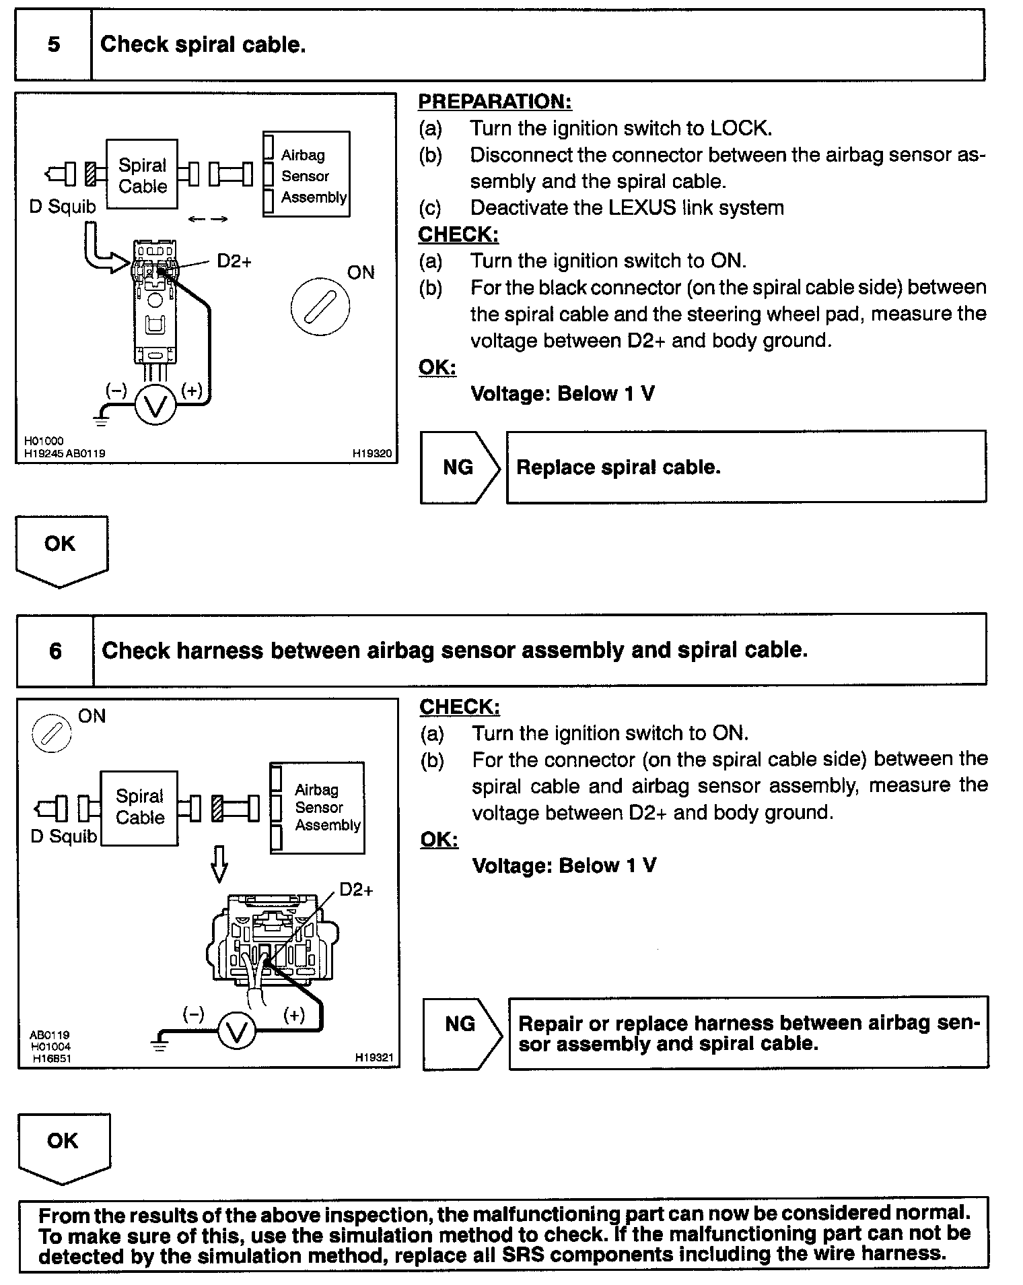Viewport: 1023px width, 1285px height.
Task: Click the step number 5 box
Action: point(53,44)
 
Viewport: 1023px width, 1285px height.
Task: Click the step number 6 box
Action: point(55,651)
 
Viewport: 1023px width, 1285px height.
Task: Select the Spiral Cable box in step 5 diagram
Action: point(142,175)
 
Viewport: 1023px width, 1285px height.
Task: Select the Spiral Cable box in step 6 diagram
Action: point(139,808)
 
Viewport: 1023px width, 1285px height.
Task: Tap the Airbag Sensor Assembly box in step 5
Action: point(307,174)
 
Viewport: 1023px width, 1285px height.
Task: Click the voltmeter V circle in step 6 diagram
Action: point(237,1033)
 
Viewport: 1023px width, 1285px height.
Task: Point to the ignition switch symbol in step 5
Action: point(320,307)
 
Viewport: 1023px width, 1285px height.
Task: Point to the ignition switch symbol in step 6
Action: point(52,733)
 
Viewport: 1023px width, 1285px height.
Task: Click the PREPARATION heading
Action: point(495,102)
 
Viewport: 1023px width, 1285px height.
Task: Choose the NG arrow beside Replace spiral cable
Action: point(460,467)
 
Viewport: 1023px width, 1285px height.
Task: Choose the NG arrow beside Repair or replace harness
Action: point(462,1033)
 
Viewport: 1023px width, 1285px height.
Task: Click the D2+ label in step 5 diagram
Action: point(234,261)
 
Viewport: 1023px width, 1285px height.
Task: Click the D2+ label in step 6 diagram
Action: point(356,890)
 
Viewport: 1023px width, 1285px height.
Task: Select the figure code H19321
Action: point(374,1058)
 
